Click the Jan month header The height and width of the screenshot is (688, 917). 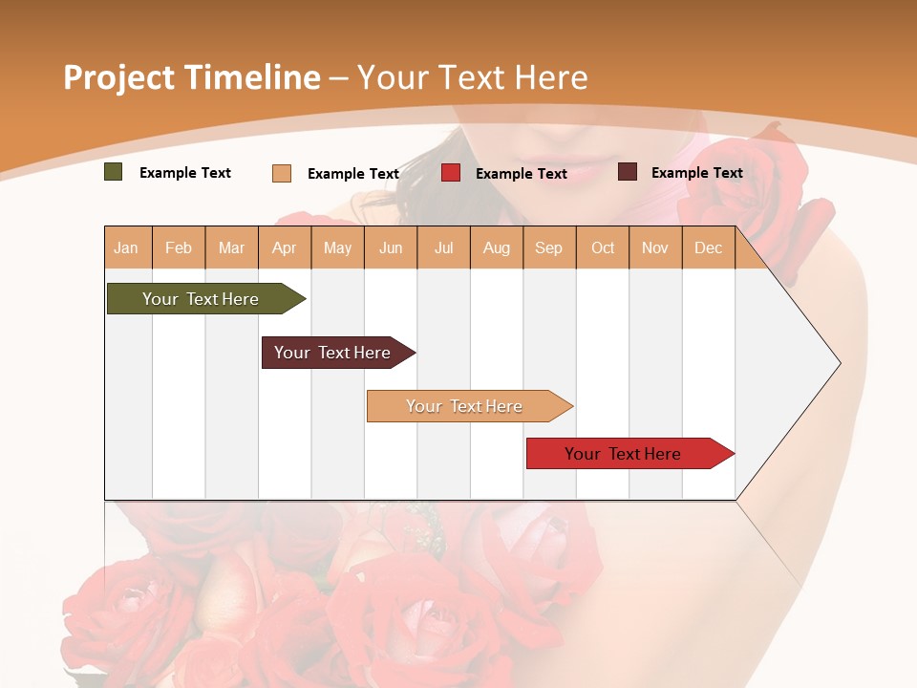127,248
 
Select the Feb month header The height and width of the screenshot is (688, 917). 179,248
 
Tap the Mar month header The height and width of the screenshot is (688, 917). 231,248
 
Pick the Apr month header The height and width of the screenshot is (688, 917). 285,248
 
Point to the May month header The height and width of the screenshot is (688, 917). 337,248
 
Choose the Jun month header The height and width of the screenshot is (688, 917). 391,248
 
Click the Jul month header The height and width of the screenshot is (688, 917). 444,248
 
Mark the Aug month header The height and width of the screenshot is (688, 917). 497,248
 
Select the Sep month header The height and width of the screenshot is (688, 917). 549,248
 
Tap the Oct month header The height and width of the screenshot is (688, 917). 603,248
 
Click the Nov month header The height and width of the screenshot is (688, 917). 655,248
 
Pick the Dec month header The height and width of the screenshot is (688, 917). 709,248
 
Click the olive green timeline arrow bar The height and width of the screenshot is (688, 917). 202,299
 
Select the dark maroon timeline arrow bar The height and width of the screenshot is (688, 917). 333,353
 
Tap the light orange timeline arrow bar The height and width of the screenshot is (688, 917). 465,406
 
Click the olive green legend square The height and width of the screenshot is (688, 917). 114,172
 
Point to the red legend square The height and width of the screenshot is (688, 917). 451,173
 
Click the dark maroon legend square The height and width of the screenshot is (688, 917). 628,172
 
